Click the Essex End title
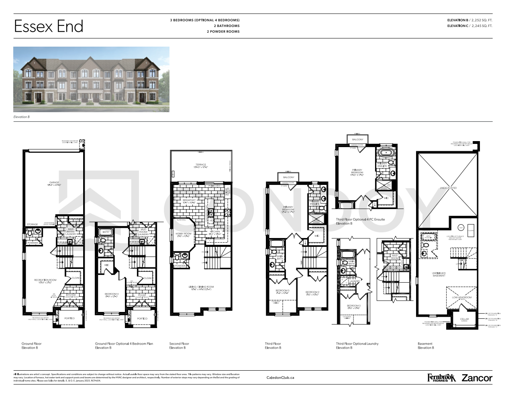(x=49, y=27)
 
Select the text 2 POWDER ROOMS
(x=223, y=31)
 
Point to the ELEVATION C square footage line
(x=470, y=26)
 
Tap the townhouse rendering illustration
(x=91, y=79)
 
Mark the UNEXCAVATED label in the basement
(x=448, y=188)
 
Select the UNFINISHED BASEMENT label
(x=439, y=274)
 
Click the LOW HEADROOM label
(x=462, y=298)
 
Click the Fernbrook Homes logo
(x=441, y=378)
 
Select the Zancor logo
(x=477, y=378)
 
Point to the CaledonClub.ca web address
(x=280, y=377)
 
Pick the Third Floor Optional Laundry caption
(x=357, y=344)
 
